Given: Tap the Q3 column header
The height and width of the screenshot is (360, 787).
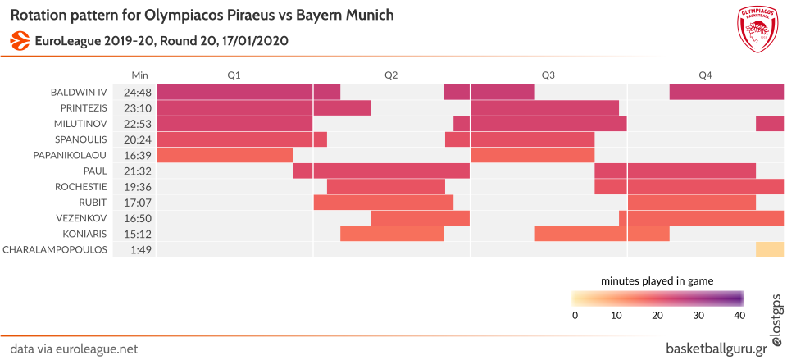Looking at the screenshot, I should tap(548, 75).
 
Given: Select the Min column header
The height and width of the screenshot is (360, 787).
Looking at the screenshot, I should tap(140, 75).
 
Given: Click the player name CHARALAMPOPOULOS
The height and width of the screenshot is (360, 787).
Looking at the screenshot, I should tap(56, 249).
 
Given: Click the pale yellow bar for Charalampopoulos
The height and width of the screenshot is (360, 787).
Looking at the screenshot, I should tap(770, 249).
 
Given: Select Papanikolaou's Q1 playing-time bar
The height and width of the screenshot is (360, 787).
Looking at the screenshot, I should tap(225, 155).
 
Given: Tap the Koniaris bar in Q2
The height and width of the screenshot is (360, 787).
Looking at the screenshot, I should tap(392, 234).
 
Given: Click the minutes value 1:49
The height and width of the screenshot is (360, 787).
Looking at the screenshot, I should tap(140, 249).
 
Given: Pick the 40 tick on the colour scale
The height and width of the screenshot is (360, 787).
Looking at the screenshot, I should tap(739, 316).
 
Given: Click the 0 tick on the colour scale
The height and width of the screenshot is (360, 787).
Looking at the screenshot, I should tap(575, 316).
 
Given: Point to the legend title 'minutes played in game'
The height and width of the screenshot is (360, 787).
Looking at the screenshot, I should tap(657, 280).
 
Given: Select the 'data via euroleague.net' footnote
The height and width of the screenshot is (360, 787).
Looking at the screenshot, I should tap(69, 349).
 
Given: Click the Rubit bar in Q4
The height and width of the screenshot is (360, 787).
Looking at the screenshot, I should tap(691, 202).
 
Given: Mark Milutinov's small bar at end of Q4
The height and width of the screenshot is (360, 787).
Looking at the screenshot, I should tap(770, 124).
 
